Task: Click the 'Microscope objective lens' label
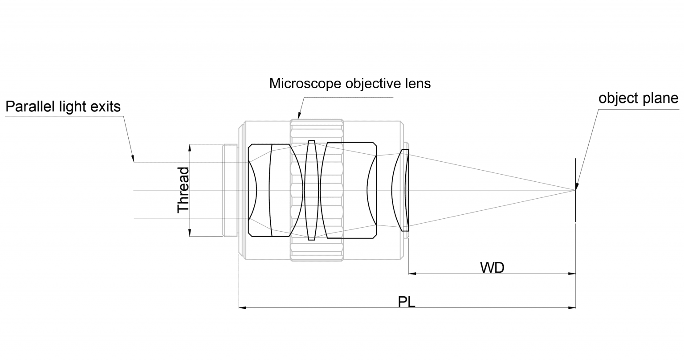click(x=350, y=83)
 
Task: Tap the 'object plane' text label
click(x=638, y=98)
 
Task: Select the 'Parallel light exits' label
click(x=63, y=107)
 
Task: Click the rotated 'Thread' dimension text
click(x=183, y=190)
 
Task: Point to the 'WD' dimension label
click(x=492, y=267)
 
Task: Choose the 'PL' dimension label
click(x=406, y=302)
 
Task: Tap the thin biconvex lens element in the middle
click(x=311, y=190)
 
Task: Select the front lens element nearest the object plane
click(x=401, y=190)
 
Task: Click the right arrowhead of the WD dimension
click(x=573, y=274)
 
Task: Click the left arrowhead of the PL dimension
click(x=242, y=307)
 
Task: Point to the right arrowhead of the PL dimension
click(x=573, y=307)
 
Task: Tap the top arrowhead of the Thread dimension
click(x=190, y=147)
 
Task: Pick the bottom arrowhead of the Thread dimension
click(x=190, y=233)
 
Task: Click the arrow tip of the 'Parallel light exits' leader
click(x=133, y=160)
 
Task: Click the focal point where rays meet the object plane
click(x=575, y=190)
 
